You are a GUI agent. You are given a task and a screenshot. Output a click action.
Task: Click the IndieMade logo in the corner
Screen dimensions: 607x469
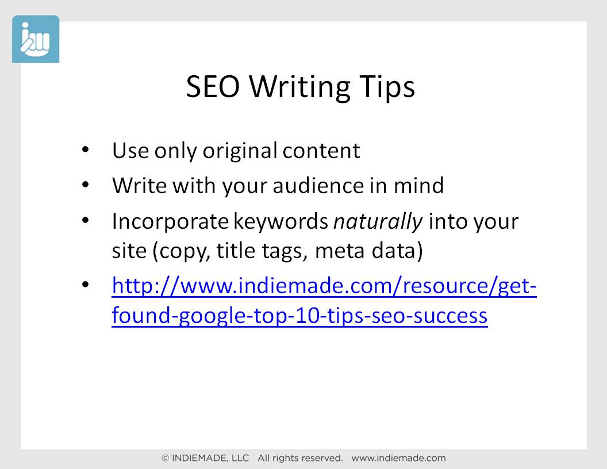point(36,39)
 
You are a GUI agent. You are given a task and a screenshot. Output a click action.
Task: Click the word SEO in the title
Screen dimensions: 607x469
point(213,87)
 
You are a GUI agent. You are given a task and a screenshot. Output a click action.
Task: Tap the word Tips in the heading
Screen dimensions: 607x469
point(387,87)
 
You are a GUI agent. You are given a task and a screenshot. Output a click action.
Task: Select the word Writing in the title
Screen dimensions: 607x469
point(299,87)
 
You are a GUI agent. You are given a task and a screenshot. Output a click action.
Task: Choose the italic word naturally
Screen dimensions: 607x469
point(378,222)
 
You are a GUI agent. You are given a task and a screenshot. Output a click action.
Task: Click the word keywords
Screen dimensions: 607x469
point(281,221)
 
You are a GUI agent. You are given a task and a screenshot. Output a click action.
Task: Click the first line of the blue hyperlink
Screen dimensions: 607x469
point(324,286)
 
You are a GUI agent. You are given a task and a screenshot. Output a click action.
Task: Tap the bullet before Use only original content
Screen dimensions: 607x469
point(86,149)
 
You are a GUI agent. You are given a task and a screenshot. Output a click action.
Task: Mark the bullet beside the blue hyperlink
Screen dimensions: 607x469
point(86,285)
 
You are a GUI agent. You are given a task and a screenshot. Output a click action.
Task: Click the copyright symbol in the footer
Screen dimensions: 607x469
point(166,458)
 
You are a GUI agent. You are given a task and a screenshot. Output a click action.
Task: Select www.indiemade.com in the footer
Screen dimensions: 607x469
point(398,458)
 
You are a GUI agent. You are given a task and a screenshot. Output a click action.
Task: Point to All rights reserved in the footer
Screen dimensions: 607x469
point(300,458)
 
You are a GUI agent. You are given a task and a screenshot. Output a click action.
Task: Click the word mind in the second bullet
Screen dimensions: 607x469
point(418,185)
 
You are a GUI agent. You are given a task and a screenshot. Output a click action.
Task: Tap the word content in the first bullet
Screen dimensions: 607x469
point(321,151)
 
